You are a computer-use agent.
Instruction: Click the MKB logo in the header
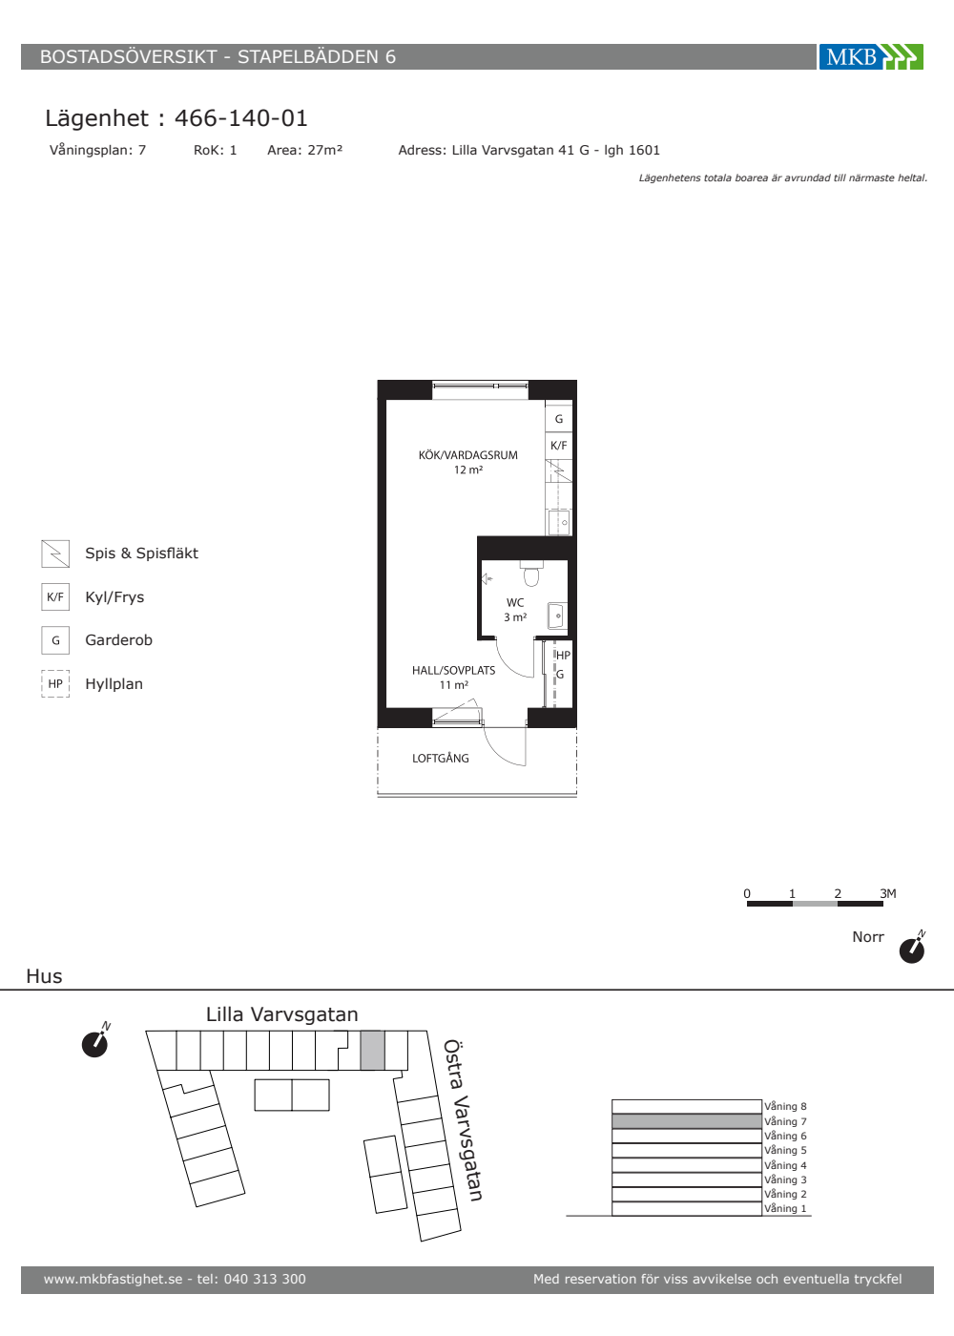pos(871,56)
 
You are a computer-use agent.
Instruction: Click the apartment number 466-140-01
pos(240,118)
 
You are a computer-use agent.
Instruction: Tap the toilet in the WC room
pos(531,574)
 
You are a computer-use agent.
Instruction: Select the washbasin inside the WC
pos(557,616)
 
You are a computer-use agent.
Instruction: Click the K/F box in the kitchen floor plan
pos(559,446)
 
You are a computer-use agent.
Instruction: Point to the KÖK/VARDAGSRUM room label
pos(468,455)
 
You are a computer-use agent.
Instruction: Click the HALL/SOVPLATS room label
pos(454,670)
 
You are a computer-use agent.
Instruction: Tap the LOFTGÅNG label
pos(441,758)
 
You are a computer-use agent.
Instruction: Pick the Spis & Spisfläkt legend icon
pos(55,553)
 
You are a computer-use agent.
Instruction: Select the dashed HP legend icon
pos(55,683)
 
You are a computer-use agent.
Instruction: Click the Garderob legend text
pos(118,640)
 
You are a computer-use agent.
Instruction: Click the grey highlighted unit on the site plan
pos(372,1050)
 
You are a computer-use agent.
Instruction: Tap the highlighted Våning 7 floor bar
pos(687,1121)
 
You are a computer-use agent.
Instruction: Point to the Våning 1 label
pos(785,1208)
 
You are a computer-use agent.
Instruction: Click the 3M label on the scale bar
pos(888,893)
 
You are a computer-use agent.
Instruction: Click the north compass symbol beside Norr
pos(912,949)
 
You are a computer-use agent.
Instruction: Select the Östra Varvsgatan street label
pos(463,1120)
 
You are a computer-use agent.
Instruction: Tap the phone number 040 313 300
pos(265,1279)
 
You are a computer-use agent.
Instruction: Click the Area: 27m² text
pos(304,151)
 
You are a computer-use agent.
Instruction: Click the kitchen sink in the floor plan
pos(559,523)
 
